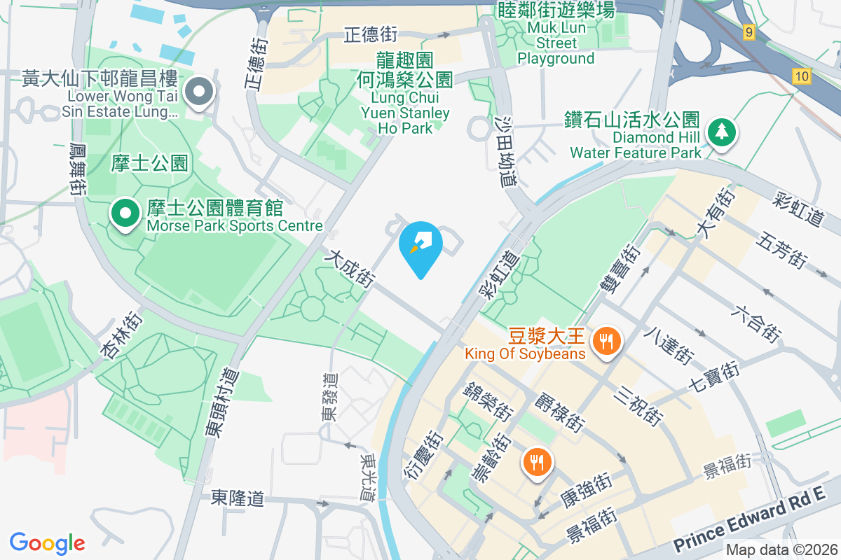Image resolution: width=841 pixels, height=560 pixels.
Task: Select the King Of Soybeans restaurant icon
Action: click(x=604, y=342)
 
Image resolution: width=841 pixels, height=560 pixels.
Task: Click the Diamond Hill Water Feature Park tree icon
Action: click(x=720, y=131)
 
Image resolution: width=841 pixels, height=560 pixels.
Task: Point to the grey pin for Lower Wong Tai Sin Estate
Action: click(x=200, y=92)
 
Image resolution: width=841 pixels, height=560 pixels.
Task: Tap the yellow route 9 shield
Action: click(x=749, y=31)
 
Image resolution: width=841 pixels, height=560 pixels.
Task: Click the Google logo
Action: click(x=48, y=542)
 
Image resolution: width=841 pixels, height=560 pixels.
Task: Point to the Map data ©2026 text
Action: click(x=781, y=550)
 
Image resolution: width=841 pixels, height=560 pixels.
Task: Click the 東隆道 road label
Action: click(x=238, y=498)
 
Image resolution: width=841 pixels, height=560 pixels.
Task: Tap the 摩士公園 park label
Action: click(x=149, y=164)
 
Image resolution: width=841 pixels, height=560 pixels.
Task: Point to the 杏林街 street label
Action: click(x=122, y=335)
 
